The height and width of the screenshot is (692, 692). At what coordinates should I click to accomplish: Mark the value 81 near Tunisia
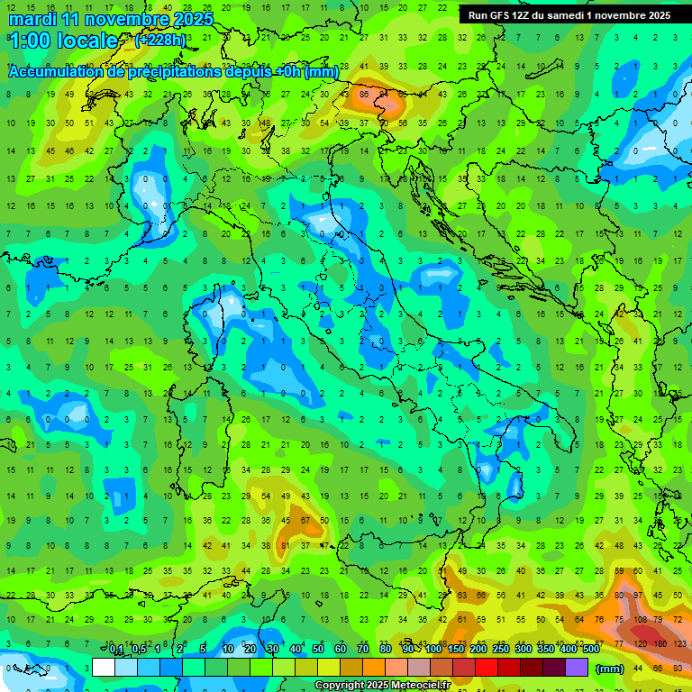(x=286, y=545)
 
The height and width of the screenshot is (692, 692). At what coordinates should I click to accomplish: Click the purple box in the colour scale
(x=577, y=668)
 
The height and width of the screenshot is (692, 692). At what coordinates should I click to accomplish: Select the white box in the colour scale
(x=104, y=668)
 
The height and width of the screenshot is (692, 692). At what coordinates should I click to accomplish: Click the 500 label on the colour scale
(x=590, y=650)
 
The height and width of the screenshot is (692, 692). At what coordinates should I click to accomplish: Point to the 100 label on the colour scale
(x=433, y=650)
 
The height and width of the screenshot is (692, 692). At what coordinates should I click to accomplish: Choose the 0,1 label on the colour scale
(x=116, y=650)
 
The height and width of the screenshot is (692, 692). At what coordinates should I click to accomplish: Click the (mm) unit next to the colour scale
(x=610, y=669)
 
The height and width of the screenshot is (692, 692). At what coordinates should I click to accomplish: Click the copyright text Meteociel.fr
(x=382, y=685)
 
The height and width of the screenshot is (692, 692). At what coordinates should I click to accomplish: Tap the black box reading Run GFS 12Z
(x=569, y=15)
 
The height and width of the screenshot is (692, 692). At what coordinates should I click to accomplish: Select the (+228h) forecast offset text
(x=159, y=40)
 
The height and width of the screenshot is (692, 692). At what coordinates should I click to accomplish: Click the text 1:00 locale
(x=63, y=41)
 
